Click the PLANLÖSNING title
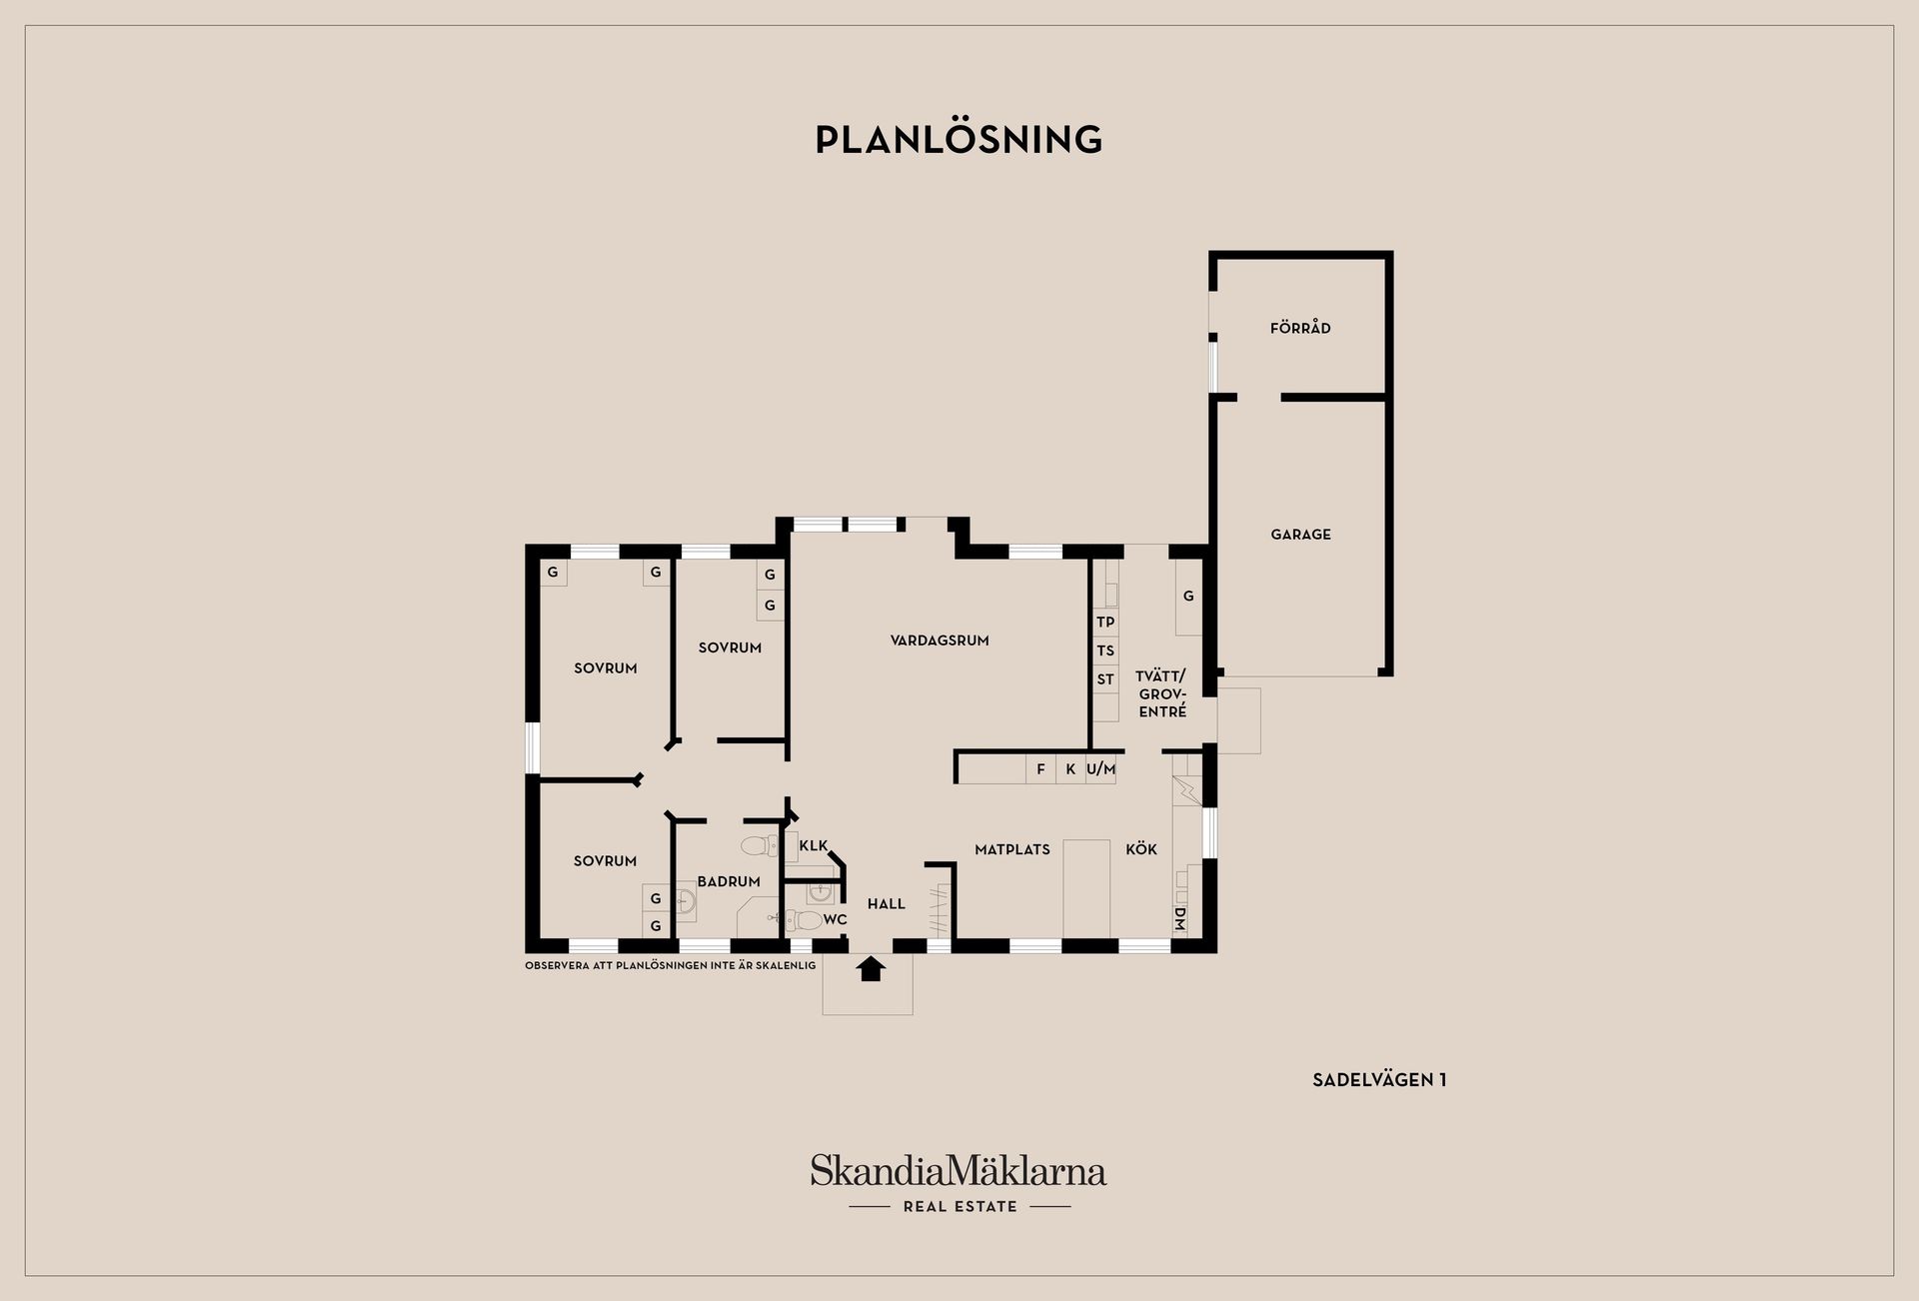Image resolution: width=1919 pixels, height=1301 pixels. coord(959,139)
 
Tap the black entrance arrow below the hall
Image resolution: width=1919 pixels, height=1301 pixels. coord(872,969)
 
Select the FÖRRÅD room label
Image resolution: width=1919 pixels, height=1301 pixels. coord(1300,328)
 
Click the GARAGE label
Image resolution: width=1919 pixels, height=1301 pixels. coord(1300,535)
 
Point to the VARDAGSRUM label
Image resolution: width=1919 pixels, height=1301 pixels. coord(940,641)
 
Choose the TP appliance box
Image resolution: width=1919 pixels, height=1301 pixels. coord(1105,622)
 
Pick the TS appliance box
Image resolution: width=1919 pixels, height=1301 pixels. coord(1105,650)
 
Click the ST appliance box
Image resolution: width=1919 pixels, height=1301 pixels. coord(1105,679)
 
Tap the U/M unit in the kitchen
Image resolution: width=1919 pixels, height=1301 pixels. coord(1100,769)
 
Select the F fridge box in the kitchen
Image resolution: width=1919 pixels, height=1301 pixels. coord(1040,769)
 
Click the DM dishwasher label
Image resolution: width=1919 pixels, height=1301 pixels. coord(1179,918)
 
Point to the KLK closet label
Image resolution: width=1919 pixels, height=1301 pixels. coord(814,845)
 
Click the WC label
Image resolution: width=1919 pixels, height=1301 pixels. coord(836,919)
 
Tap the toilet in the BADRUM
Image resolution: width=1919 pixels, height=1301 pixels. coord(760,846)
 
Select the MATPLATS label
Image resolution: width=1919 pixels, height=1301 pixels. coord(1012,849)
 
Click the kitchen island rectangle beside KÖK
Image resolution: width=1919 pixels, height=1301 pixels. coord(1086,888)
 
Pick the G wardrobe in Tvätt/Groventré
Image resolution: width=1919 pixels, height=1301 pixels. coord(1188,597)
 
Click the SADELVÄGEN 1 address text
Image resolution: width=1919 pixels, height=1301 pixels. coord(1379,1079)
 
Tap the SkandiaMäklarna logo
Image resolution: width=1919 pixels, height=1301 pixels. coord(959,1183)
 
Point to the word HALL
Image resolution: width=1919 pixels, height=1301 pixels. coord(887,904)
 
